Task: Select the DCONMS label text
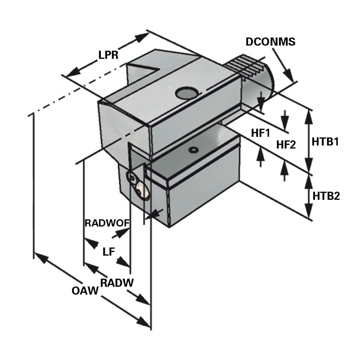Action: point(270,42)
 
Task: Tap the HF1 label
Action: point(260,133)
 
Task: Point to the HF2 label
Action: point(286,144)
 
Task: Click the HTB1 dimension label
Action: point(325,142)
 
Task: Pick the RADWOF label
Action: point(107,223)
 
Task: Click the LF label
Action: point(108,252)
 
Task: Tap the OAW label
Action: point(85,291)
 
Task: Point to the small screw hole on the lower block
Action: point(194,150)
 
